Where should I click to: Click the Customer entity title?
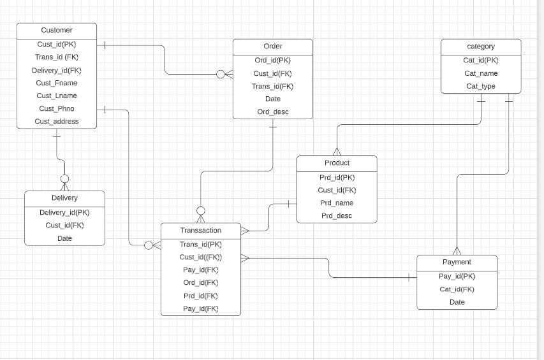[57, 30]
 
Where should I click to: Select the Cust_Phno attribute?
[57, 108]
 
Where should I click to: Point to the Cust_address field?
[57, 121]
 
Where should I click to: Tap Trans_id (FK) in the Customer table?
[57, 57]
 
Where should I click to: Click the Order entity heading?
[272, 46]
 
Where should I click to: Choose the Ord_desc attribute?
[272, 112]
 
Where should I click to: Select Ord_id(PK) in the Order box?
[272, 61]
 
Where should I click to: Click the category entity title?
[481, 46]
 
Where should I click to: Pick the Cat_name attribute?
[481, 73]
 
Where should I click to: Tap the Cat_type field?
[481, 86]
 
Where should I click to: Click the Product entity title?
[337, 162]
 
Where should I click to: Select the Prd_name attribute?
[337, 203]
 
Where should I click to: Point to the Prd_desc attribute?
[337, 215]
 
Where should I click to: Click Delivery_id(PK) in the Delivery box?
[64, 213]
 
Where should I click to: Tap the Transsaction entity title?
[201, 231]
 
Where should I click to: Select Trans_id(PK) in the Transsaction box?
[201, 244]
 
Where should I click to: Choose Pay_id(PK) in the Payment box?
[457, 276]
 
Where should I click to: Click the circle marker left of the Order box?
[221, 75]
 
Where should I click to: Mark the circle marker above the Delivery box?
[64, 179]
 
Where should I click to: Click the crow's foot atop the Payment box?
[457, 250]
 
